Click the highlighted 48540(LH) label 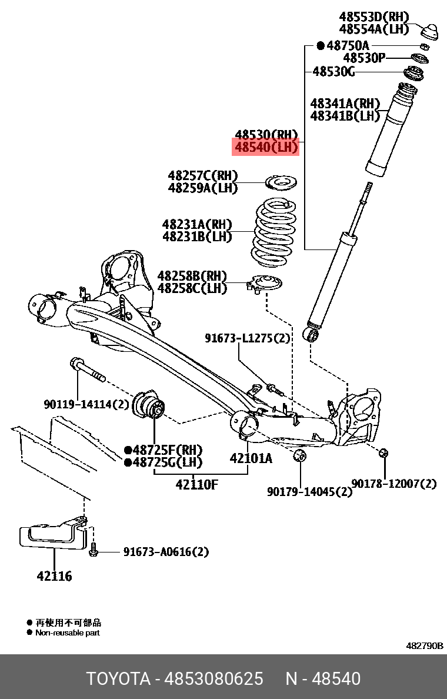click(266, 147)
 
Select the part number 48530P click(364, 58)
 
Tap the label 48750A click(348, 45)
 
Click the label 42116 click(54, 577)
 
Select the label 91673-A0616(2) click(166, 552)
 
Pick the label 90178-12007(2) click(394, 484)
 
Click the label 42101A click(251, 458)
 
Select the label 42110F click(196, 485)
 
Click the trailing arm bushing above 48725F click(151, 405)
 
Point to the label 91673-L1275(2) click(248, 338)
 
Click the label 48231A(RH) click(197, 224)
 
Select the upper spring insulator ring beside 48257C click(282, 182)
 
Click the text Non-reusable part click(67, 633)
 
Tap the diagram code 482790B click(425, 645)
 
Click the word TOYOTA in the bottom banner click(118, 678)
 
